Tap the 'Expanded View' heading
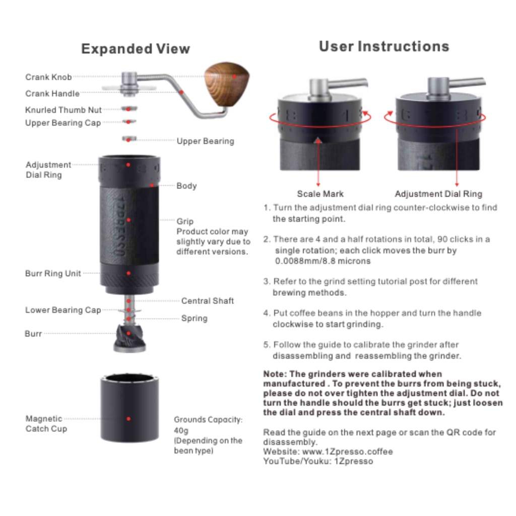point(136,49)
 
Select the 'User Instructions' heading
point(384,46)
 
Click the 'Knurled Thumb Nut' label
point(63,110)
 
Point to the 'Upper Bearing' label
point(206,141)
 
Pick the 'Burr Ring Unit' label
point(53,274)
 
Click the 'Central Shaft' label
point(207,301)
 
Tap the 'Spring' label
point(194,318)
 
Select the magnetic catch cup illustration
point(130,408)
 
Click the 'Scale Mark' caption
point(320,194)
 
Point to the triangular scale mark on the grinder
point(318,141)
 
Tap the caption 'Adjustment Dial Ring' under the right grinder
point(438,194)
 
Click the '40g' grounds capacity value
point(181,430)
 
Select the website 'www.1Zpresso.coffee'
point(347,451)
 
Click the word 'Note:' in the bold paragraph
point(275,374)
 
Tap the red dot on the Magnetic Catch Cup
point(128,419)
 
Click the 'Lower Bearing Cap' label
point(63,310)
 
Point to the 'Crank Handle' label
point(52,93)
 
